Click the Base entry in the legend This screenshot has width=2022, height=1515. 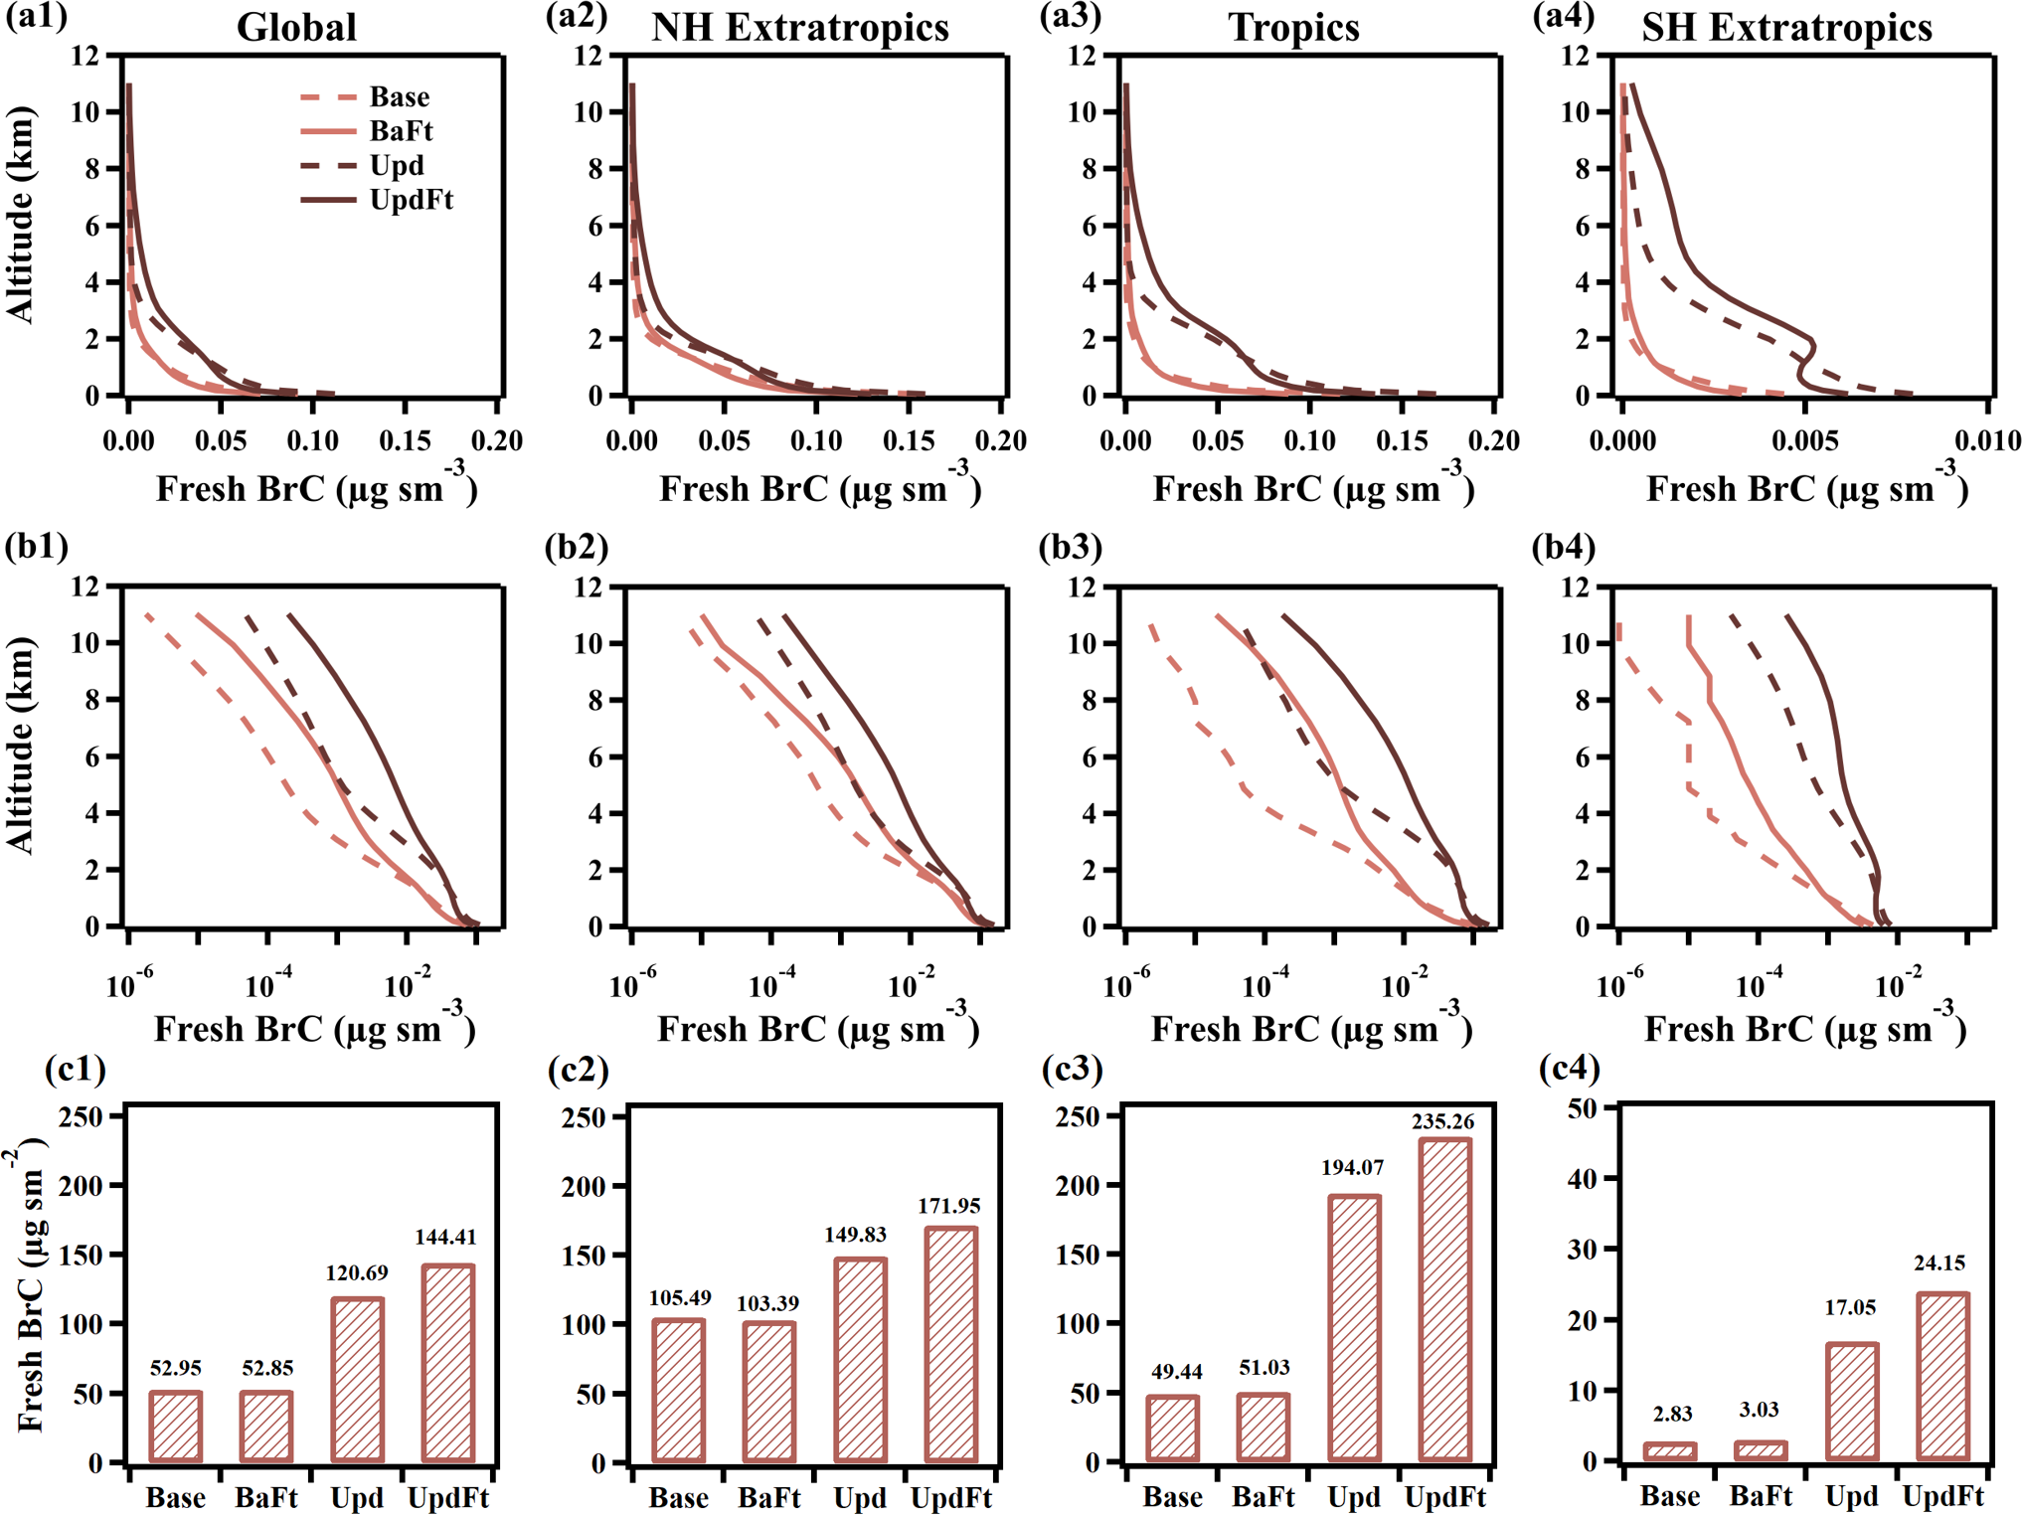398,96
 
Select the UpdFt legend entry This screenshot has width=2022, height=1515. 410,200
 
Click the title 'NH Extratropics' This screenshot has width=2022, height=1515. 799,27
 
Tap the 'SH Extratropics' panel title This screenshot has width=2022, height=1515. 1786,27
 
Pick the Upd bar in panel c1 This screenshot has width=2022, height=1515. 357,1380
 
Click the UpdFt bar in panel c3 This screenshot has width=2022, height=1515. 1444,1299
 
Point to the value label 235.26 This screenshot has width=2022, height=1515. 1442,1121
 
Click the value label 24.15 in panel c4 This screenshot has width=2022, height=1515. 1939,1262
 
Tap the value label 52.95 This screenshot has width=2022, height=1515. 176,1368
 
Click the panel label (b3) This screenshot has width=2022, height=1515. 1071,547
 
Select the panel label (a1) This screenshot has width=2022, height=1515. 37,17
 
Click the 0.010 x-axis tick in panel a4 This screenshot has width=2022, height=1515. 1987,440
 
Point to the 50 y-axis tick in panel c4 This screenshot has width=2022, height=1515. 1582,1108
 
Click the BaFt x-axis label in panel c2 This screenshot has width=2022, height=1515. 769,1497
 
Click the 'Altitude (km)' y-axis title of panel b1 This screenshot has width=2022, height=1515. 20,746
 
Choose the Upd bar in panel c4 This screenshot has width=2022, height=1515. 1851,1401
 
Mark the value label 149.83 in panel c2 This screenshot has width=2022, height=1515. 855,1234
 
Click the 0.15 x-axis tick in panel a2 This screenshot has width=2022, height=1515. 909,440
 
